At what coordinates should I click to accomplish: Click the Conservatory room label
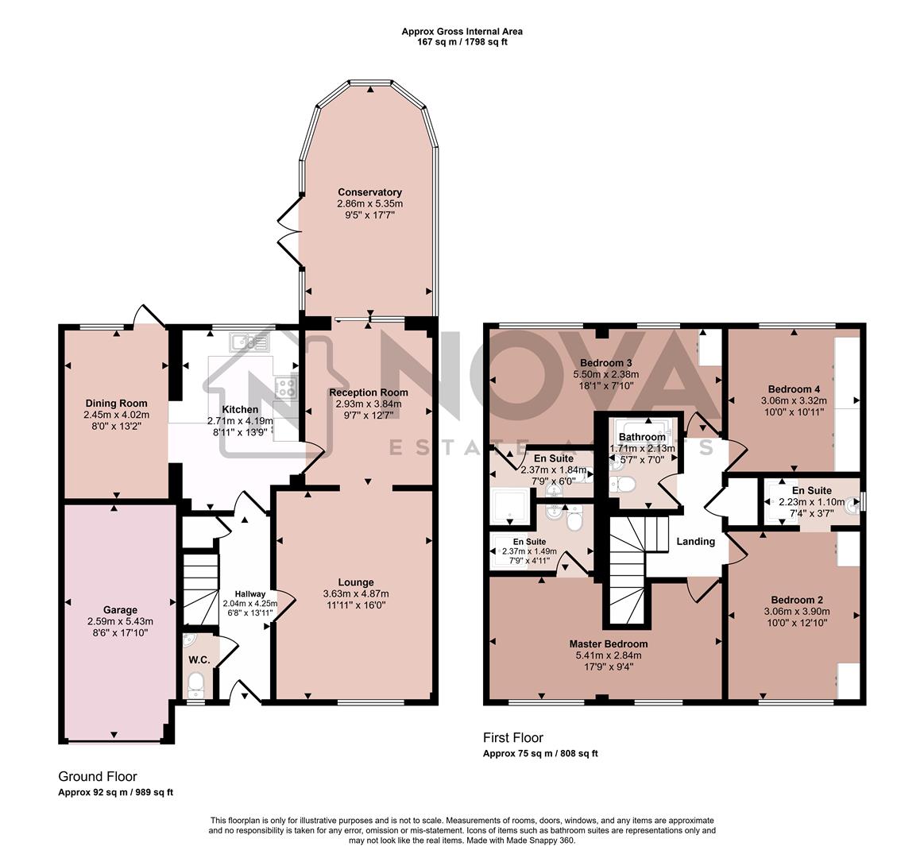[369, 192]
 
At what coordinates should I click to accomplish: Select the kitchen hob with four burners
[284, 388]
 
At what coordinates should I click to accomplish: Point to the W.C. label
[199, 660]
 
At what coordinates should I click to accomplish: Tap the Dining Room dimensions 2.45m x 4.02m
[116, 415]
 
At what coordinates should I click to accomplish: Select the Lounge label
[354, 582]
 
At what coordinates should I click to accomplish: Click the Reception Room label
[369, 392]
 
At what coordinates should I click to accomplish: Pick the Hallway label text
[250, 593]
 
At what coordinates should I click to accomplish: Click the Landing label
[695, 542]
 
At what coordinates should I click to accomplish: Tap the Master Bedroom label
[608, 643]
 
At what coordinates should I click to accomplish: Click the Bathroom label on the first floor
[642, 437]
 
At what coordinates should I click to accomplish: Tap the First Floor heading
[513, 738]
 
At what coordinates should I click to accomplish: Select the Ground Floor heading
[98, 777]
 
